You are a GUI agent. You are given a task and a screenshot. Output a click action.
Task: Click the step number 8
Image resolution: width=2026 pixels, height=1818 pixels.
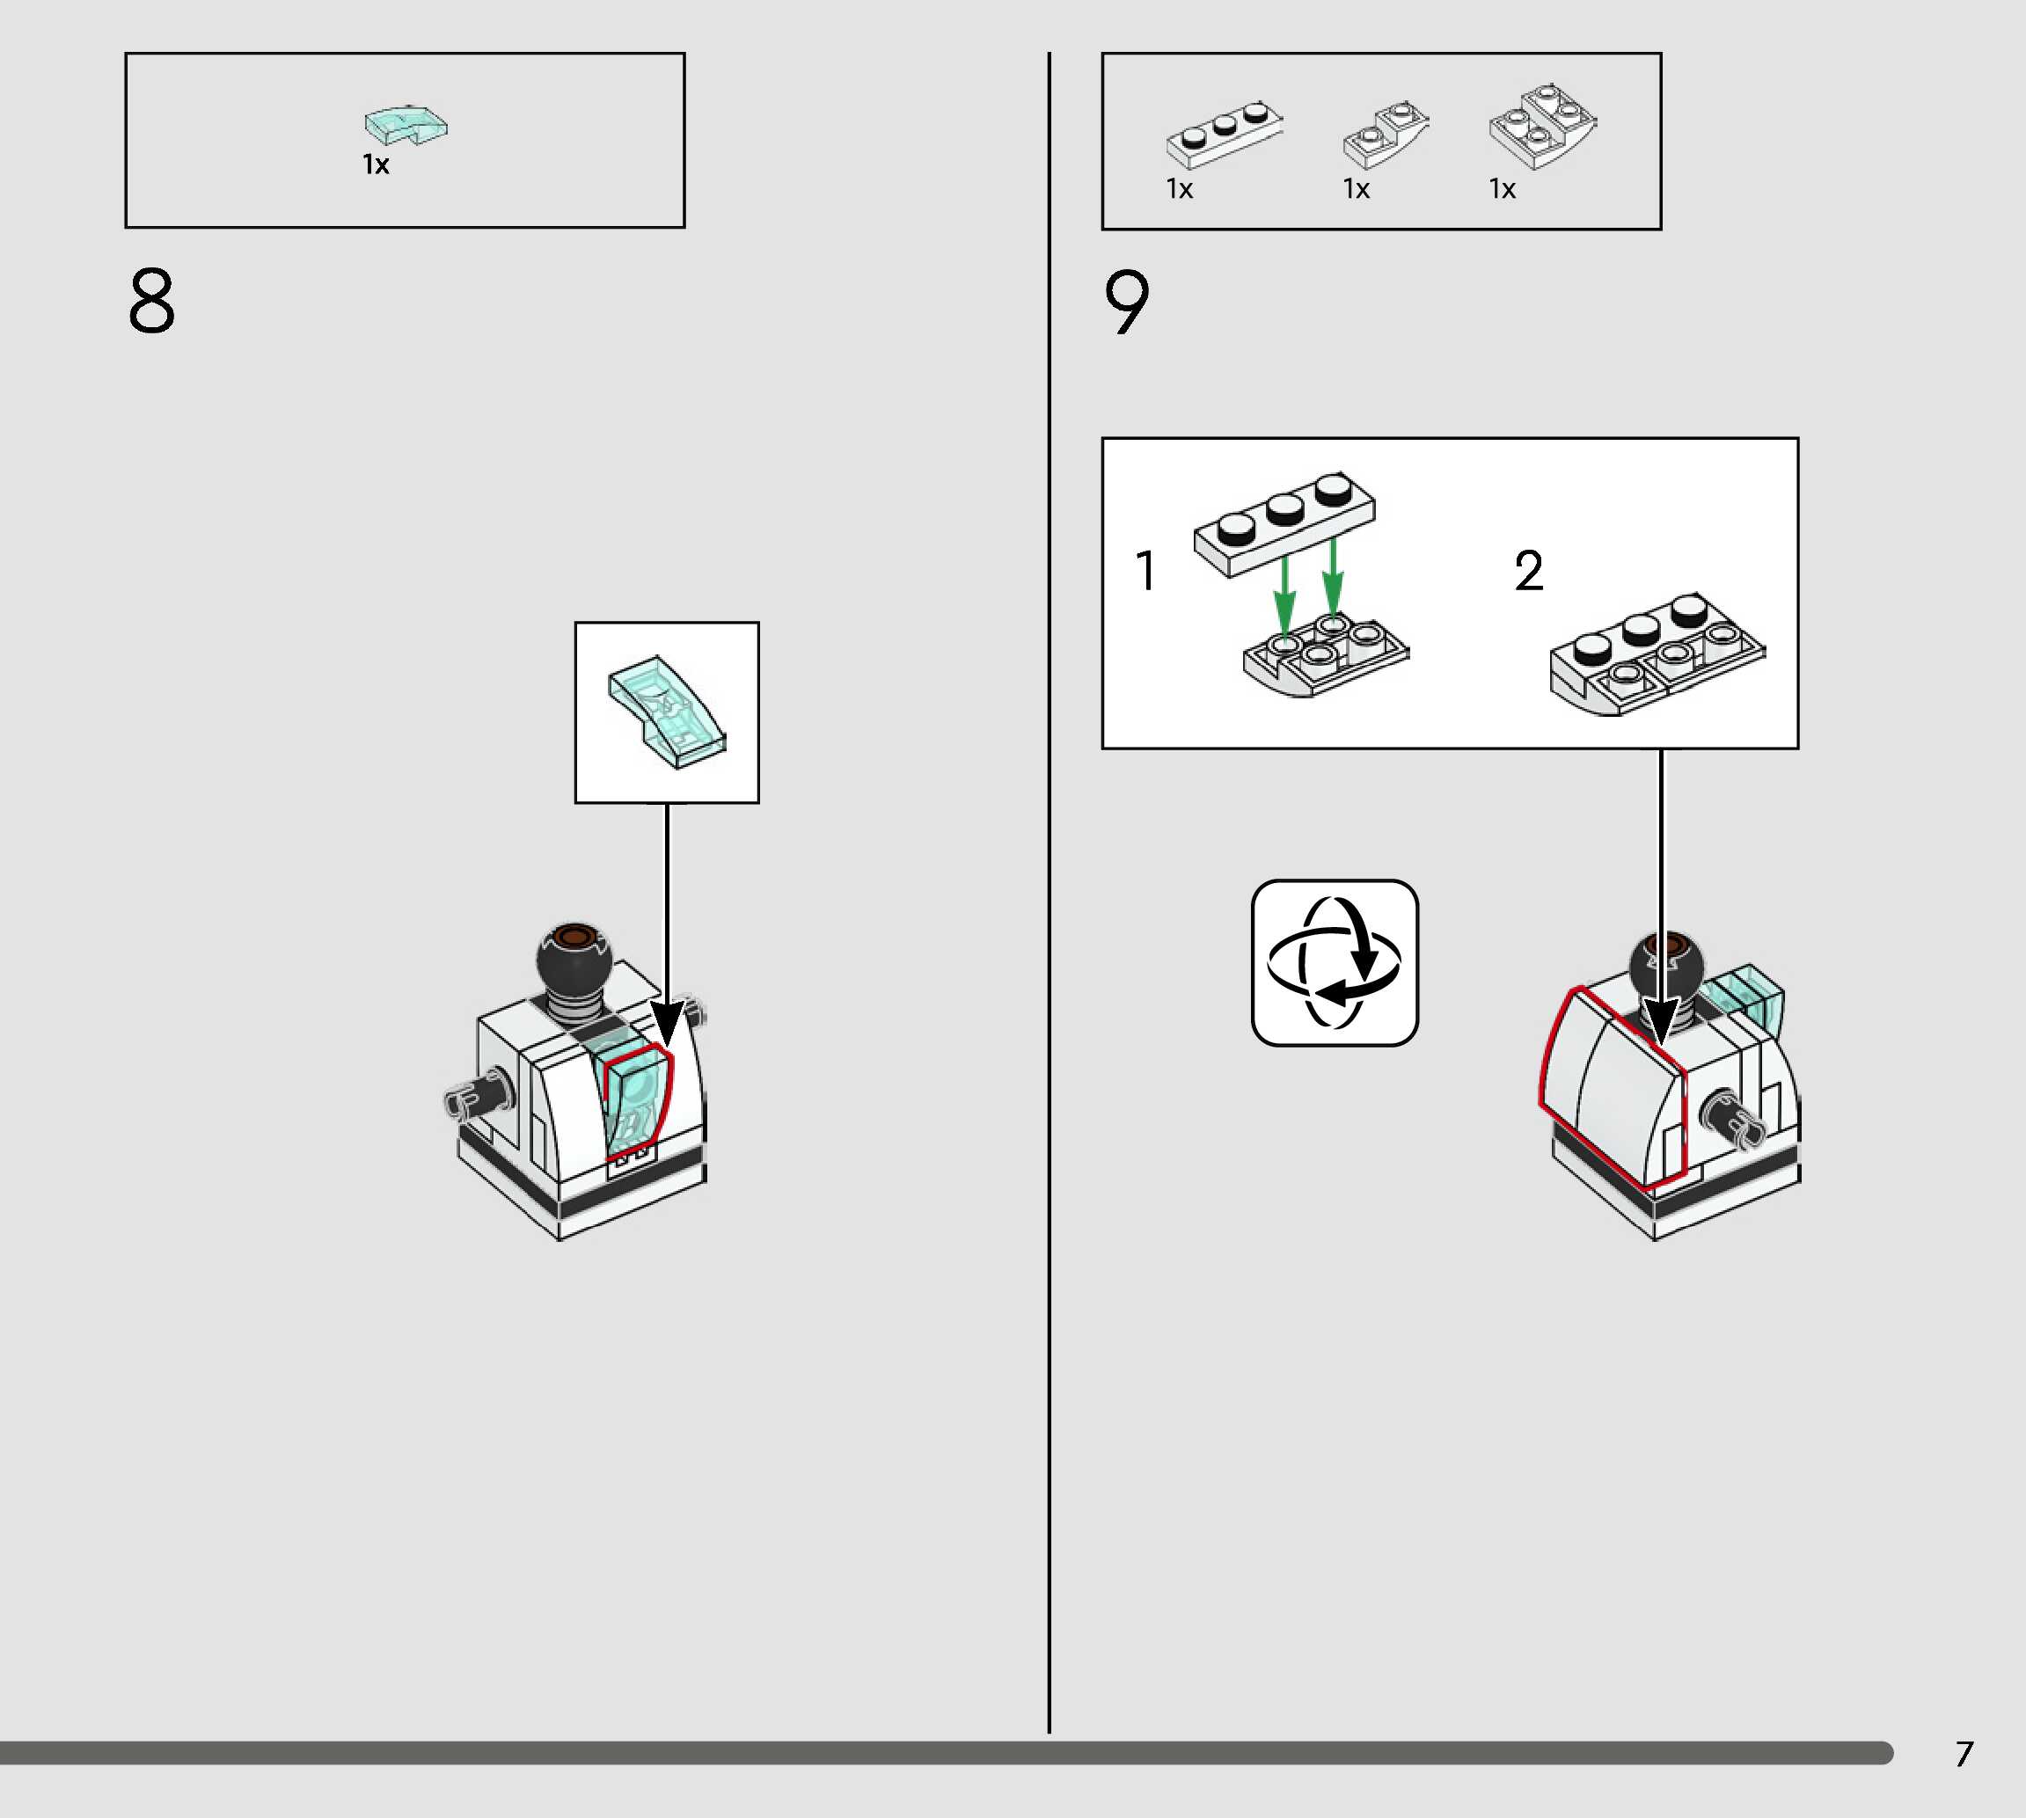click(x=152, y=300)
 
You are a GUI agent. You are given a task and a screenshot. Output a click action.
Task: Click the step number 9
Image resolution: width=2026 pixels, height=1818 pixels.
click(x=1127, y=302)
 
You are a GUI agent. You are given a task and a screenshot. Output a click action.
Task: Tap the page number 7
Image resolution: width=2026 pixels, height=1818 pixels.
click(x=1964, y=1754)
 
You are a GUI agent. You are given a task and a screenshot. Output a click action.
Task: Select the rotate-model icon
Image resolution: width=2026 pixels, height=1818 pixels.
click(x=1335, y=963)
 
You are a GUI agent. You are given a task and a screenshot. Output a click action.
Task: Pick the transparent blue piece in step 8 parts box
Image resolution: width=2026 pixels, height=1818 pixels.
click(x=406, y=125)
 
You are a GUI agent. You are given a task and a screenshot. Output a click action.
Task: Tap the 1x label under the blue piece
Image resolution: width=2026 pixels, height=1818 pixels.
click(x=376, y=164)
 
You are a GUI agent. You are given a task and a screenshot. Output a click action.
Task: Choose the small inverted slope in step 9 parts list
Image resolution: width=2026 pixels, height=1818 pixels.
click(x=1384, y=134)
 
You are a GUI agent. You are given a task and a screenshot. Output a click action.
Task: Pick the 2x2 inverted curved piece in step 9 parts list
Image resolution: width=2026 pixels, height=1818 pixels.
click(x=1540, y=127)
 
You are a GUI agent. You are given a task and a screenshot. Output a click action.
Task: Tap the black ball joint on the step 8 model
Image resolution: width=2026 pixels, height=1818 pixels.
click(x=574, y=958)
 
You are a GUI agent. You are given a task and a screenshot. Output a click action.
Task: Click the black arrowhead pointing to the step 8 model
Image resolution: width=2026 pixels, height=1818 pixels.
click(x=666, y=1025)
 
